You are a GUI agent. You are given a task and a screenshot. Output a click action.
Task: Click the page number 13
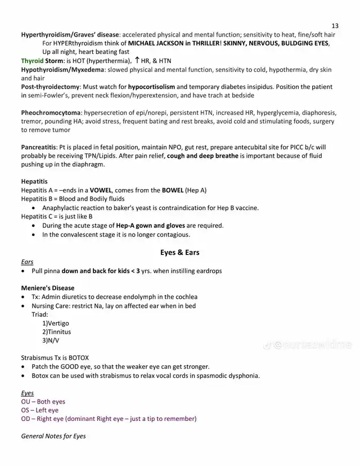335,26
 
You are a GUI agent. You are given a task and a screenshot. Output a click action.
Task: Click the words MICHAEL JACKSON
155,43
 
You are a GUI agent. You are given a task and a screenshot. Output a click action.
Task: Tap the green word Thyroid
32,61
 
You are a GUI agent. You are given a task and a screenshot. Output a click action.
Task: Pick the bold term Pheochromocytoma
51,113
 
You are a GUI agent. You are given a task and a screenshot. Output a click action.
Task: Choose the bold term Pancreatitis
42,147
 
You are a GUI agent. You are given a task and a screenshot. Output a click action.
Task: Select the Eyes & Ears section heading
179,253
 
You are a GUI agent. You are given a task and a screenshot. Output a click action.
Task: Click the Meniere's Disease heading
48,288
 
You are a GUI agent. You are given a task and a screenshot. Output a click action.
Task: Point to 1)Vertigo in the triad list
56,324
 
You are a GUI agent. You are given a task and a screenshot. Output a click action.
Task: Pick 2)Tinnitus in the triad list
56,332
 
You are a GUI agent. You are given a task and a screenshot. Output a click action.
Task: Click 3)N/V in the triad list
51,340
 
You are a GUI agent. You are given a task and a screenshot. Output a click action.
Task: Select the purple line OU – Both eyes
43,402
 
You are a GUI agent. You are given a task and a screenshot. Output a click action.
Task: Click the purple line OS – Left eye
39,410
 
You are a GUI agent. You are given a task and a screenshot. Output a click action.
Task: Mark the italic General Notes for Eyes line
53,436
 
